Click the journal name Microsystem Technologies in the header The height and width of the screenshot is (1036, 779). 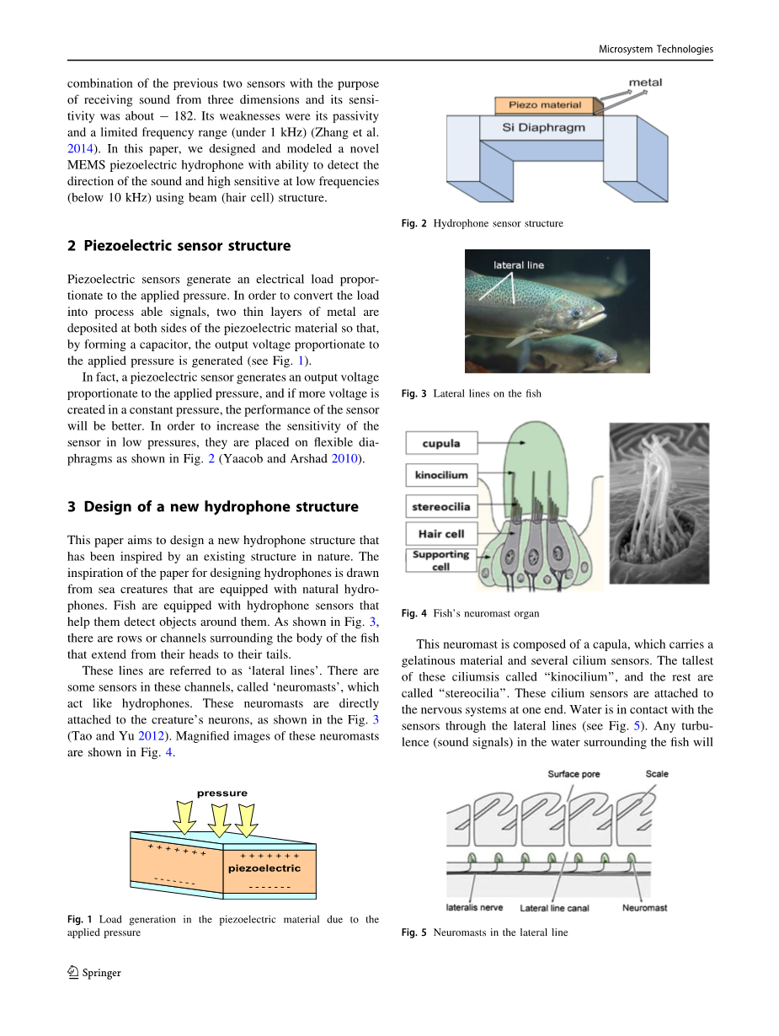[x=655, y=49]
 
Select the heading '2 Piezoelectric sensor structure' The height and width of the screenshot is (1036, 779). [x=179, y=246]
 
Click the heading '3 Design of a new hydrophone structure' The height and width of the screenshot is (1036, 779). [x=212, y=507]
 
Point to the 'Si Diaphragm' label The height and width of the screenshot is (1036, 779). [x=542, y=128]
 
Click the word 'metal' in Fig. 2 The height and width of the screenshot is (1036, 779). [x=645, y=82]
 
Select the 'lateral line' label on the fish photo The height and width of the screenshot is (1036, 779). [x=518, y=265]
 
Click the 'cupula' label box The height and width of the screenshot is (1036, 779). [x=441, y=443]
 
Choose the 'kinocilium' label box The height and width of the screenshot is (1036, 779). [x=441, y=475]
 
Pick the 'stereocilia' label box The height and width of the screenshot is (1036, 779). [x=441, y=507]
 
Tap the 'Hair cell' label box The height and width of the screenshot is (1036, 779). [x=441, y=534]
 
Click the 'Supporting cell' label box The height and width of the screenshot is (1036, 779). [x=440, y=560]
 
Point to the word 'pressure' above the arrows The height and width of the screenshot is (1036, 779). [x=222, y=793]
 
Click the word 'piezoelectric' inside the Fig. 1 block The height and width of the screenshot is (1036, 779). [x=264, y=868]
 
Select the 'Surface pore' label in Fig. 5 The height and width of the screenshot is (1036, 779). [x=574, y=774]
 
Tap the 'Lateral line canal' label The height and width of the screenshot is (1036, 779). [x=554, y=908]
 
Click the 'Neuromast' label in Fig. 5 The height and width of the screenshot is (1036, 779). [x=644, y=908]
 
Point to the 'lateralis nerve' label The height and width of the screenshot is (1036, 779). [x=474, y=908]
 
